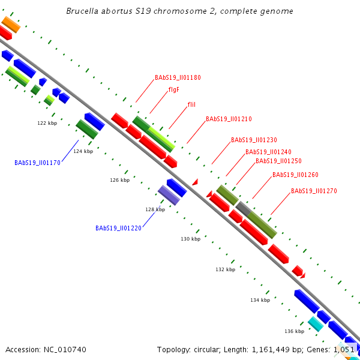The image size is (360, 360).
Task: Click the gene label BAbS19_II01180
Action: click(x=178, y=77)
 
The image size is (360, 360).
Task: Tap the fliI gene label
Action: click(x=191, y=104)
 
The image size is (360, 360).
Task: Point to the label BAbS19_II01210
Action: click(x=229, y=119)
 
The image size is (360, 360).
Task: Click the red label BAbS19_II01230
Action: click(x=254, y=140)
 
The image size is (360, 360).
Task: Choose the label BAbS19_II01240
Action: click(x=268, y=152)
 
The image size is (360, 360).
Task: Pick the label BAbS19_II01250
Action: click(x=278, y=161)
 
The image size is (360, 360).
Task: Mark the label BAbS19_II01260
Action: click(x=295, y=175)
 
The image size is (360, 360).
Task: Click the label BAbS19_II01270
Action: click(x=314, y=191)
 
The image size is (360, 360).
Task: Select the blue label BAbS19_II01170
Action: click(x=37, y=163)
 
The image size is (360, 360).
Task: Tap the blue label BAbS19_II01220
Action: click(x=118, y=228)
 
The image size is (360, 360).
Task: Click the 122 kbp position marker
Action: click(x=47, y=123)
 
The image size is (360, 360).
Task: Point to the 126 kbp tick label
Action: click(x=120, y=180)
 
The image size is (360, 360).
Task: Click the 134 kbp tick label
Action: click(x=260, y=300)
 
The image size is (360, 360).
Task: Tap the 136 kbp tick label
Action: click(x=294, y=331)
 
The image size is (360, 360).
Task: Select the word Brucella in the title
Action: click(x=147, y=11)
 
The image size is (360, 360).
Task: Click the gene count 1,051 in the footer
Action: click(x=346, y=349)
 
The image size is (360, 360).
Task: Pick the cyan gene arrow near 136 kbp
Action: click(x=316, y=324)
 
